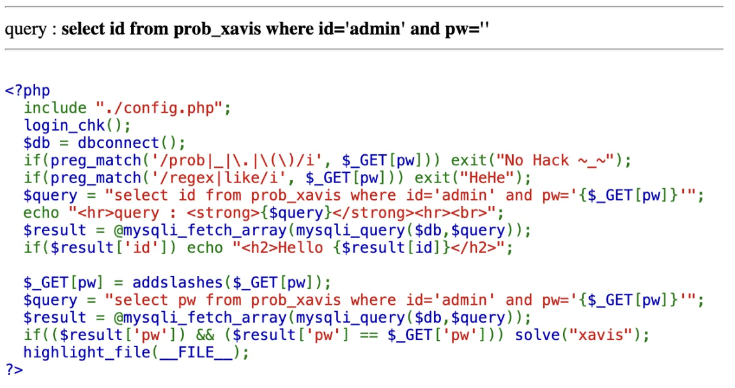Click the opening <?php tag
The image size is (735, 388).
click(27, 90)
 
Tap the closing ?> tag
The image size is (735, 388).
click(13, 369)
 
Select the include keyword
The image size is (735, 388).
click(55, 108)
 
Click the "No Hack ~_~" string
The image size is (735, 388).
click(551, 160)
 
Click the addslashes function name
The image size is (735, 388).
click(173, 282)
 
